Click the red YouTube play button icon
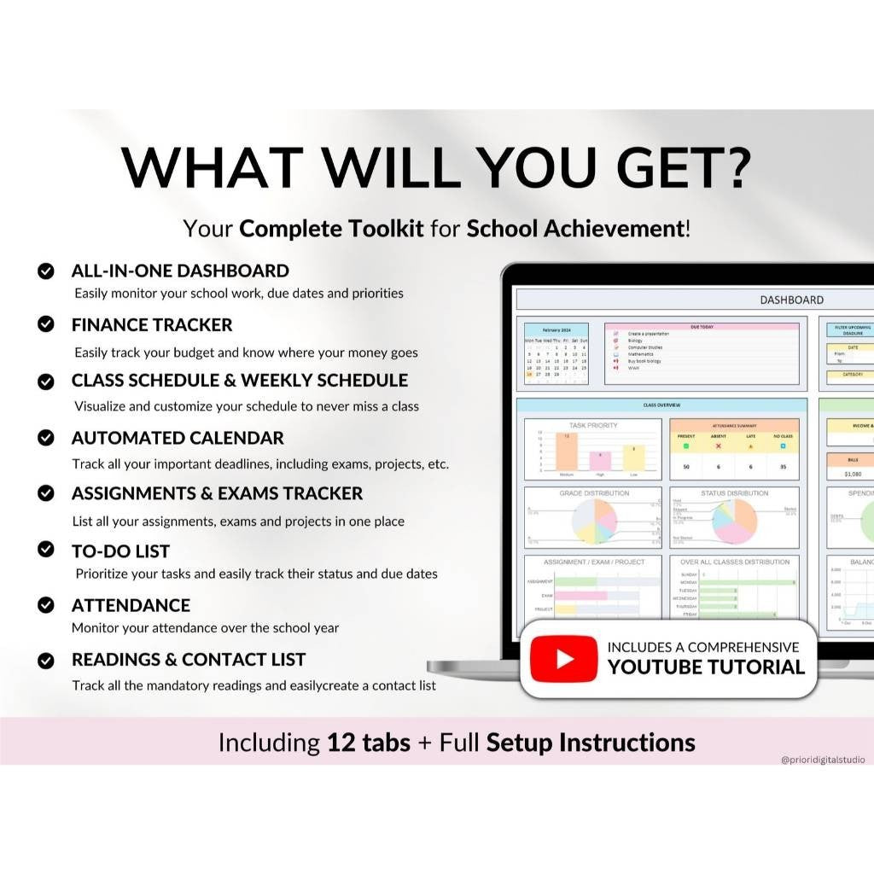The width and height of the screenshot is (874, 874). [563, 659]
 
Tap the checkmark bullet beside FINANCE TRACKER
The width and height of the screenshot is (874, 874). [46, 325]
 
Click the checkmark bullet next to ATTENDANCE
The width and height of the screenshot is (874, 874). [46, 605]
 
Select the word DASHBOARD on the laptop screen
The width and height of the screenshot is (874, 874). [791, 300]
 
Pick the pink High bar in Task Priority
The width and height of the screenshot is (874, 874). [600, 461]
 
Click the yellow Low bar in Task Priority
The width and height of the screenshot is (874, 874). [633, 457]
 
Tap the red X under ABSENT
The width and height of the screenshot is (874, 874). [718, 446]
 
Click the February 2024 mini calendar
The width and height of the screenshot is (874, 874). [556, 354]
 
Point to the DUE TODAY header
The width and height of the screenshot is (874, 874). [702, 326]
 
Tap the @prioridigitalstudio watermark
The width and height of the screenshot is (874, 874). [822, 759]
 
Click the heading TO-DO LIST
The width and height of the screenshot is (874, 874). [120, 551]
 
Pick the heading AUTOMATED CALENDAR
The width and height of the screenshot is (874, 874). [178, 438]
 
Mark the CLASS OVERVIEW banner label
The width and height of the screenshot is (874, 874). [661, 405]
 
